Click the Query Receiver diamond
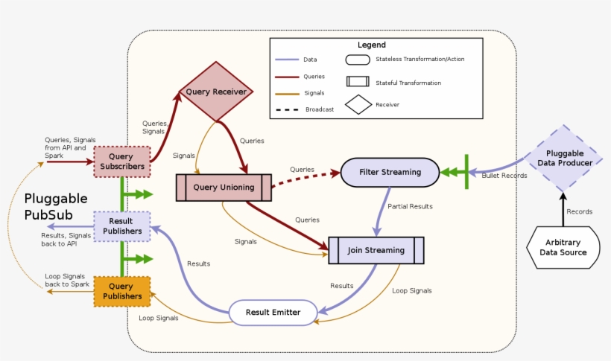215,92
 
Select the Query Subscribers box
121,162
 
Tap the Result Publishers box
121,226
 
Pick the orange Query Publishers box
121,291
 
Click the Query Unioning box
224,188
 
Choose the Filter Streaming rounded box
390,172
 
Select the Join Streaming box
376,251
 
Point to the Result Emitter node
273,313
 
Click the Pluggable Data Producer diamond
564,158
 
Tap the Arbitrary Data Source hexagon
563,247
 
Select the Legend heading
372,45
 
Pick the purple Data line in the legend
287,60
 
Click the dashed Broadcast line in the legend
287,109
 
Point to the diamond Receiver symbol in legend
358,105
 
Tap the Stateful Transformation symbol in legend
358,82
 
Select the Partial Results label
410,206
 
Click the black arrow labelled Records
563,210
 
